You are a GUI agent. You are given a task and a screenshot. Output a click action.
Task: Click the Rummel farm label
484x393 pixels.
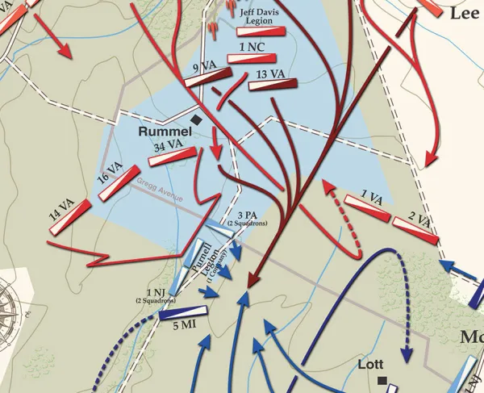(x=163, y=131)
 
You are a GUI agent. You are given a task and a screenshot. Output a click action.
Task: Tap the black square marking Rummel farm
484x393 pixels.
(x=196, y=119)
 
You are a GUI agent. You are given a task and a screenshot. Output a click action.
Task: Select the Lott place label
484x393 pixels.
(x=372, y=365)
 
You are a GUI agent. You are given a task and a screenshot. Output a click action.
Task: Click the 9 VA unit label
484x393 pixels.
(x=204, y=67)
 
